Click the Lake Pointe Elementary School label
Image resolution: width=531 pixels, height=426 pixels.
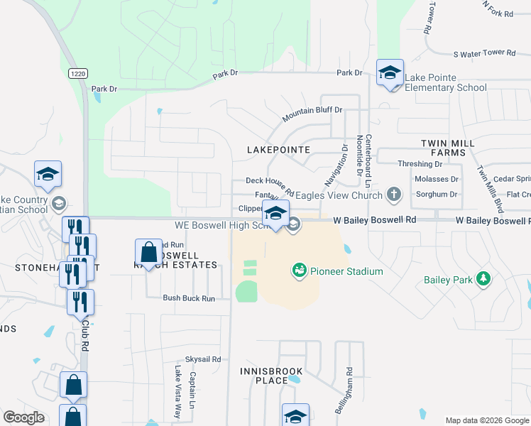(x=445, y=82)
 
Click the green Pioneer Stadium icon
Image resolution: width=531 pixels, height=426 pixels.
(x=299, y=271)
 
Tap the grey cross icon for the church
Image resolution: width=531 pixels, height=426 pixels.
(x=394, y=195)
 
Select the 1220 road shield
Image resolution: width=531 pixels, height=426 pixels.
(x=78, y=73)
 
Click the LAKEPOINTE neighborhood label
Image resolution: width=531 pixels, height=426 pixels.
(x=278, y=150)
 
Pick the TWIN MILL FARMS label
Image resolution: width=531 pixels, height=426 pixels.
(x=447, y=148)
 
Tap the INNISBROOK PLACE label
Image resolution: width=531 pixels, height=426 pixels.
(x=271, y=376)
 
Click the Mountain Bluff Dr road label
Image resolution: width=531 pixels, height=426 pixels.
(x=312, y=114)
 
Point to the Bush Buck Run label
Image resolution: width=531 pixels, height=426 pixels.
(x=188, y=299)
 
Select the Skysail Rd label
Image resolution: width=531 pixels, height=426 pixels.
(x=203, y=359)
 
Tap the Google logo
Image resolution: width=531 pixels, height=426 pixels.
(x=23, y=417)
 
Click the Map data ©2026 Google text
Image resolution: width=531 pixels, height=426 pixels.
(x=487, y=420)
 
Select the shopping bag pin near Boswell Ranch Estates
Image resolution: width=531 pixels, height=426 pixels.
(x=148, y=253)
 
